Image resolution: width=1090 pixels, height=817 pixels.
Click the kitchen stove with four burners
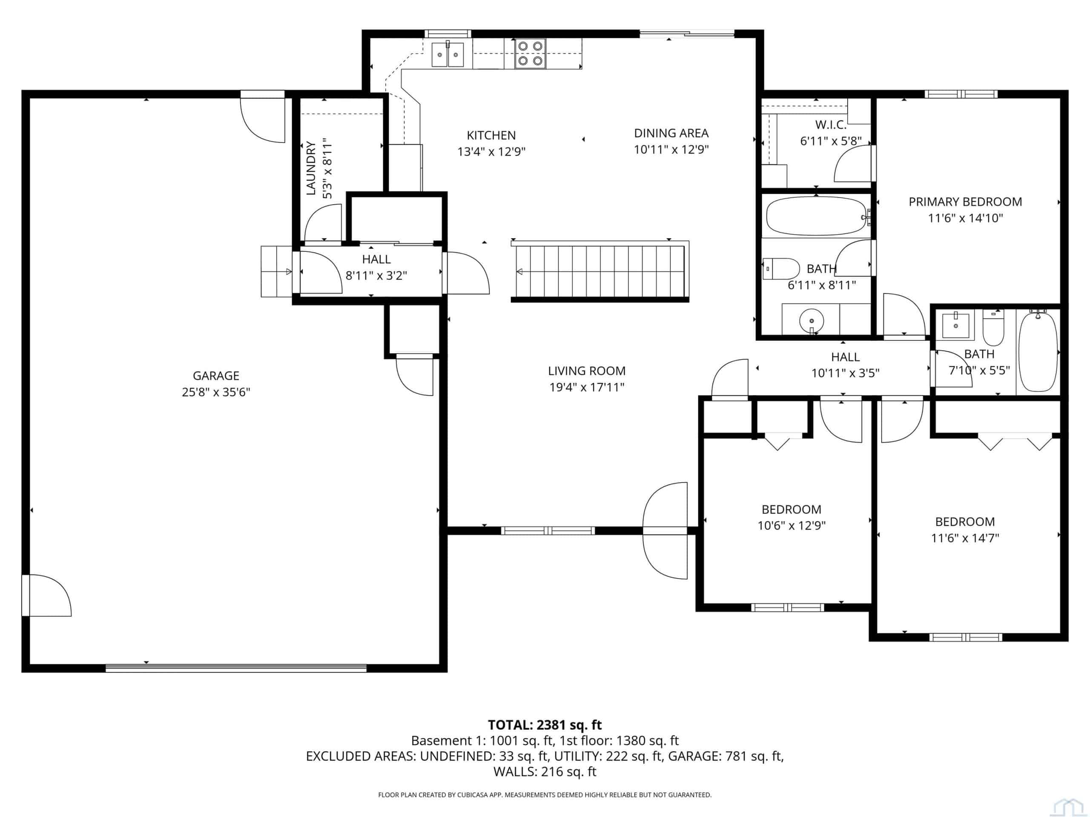(x=530, y=53)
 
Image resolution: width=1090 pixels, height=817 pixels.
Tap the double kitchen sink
(x=447, y=54)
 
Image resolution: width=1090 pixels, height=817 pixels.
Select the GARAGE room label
(x=216, y=376)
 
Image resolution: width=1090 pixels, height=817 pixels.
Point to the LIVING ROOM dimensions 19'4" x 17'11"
(x=586, y=388)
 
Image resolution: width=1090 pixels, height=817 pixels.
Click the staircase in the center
(x=599, y=271)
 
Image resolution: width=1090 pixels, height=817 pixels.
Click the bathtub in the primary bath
(x=817, y=216)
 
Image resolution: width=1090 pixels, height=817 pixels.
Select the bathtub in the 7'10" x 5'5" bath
(x=1038, y=351)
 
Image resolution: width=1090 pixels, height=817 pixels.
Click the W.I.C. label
(x=831, y=125)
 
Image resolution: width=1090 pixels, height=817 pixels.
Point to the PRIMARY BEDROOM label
(x=965, y=202)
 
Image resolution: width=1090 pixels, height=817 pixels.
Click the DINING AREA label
(x=671, y=133)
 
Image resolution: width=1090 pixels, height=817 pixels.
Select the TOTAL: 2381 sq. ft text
(x=545, y=725)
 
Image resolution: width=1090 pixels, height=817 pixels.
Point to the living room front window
(x=548, y=530)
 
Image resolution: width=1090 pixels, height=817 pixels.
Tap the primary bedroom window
(x=961, y=94)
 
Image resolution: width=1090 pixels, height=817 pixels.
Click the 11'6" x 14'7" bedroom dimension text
(x=965, y=538)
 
